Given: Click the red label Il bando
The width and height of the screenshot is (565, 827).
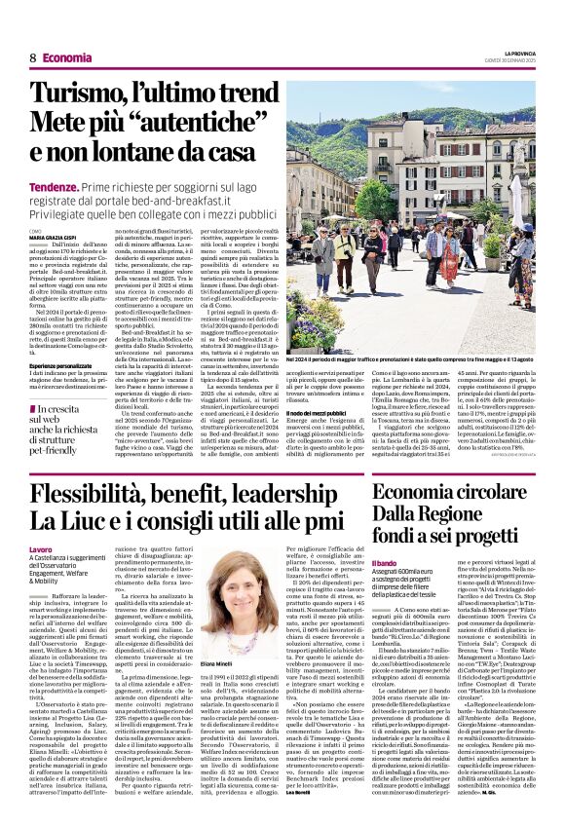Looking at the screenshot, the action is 385,563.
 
